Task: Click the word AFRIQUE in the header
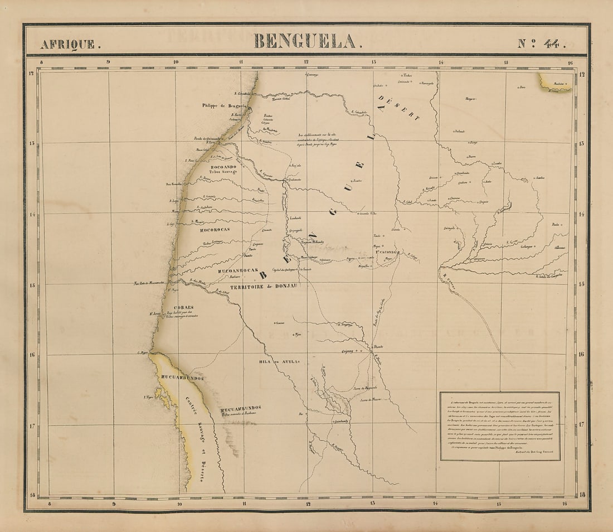click(67, 44)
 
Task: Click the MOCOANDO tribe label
click(223, 167)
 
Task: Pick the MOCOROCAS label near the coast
click(215, 229)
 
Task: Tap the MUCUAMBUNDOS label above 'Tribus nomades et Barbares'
click(240, 408)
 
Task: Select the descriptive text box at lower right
click(500, 426)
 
